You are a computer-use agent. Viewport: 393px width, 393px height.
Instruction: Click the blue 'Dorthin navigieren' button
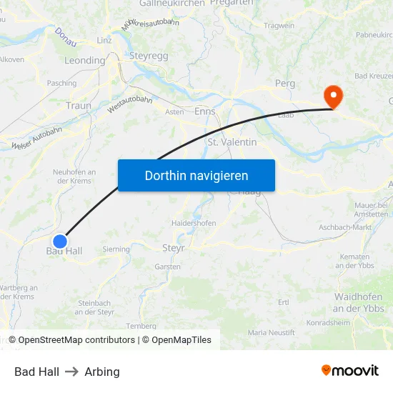[x=196, y=175]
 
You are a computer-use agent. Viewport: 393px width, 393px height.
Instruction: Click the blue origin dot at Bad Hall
[x=60, y=242]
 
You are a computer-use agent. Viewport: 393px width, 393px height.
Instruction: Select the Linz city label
[x=104, y=40]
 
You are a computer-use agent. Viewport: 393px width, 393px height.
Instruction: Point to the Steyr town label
[x=174, y=248]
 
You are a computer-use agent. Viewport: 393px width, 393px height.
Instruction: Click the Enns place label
[x=204, y=111]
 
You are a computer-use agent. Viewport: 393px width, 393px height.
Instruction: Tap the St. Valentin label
[x=232, y=142]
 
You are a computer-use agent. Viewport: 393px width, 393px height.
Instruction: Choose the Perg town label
[x=285, y=84]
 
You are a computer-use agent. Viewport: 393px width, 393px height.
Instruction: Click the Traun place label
[x=78, y=105]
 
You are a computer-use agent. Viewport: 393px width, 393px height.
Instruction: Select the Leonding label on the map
[x=84, y=61]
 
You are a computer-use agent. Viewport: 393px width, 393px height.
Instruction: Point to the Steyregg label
[x=148, y=55]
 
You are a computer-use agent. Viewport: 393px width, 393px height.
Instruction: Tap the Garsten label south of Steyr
[x=168, y=267]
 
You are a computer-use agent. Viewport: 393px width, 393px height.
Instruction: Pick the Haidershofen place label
[x=194, y=223]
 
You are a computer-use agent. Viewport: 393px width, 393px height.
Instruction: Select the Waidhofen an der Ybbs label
[x=359, y=303]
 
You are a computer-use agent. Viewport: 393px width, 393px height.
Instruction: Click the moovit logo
[x=350, y=370]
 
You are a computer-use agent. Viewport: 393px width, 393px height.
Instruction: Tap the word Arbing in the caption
[x=102, y=372]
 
